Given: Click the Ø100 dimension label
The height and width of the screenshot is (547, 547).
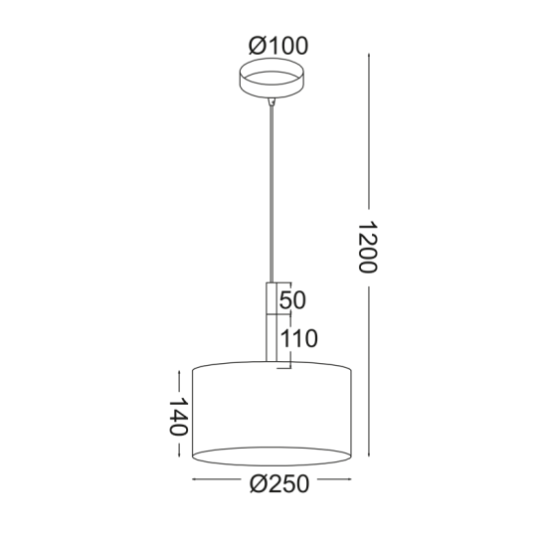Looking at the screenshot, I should pos(278,45).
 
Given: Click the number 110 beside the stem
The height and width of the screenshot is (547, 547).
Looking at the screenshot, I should pos(297,339).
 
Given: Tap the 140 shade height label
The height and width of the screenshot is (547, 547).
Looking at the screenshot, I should pos(176,418).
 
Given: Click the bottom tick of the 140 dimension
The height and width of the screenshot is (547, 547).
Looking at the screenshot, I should pos(177,458).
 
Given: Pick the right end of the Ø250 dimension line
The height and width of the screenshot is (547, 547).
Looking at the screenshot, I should pos(351,484).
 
